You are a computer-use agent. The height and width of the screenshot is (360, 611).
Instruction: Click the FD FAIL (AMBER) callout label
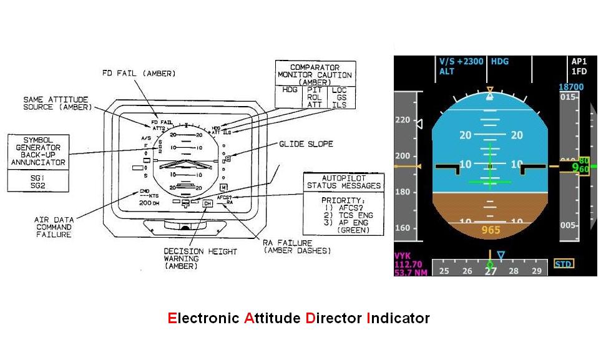tap(139, 74)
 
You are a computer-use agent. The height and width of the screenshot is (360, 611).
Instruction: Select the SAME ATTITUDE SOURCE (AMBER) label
tap(56, 103)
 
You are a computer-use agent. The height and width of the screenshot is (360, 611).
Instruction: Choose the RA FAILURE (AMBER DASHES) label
tap(296, 246)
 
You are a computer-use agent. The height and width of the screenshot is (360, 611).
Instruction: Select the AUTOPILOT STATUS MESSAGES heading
tap(343, 182)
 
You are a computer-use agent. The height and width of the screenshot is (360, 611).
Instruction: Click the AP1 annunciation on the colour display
tap(579, 62)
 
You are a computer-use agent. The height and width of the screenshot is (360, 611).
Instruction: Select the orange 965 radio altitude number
tap(490, 230)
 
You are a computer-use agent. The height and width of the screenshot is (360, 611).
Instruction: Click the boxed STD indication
tap(564, 264)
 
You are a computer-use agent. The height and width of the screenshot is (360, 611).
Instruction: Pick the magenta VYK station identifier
tap(404, 256)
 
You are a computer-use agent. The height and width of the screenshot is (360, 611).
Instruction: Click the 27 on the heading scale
tap(491, 271)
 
